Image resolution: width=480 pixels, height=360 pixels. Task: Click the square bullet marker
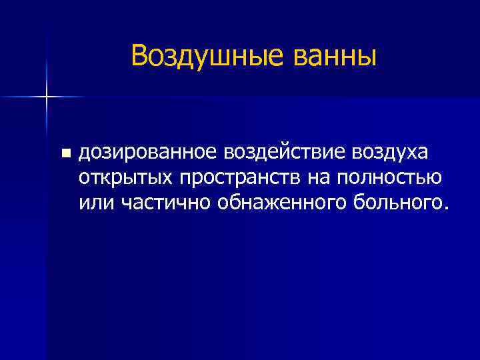coord(65,154)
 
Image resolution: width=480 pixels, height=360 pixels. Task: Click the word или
coord(97,201)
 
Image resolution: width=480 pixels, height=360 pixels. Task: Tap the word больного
coord(389,201)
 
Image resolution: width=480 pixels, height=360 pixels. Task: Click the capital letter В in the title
coord(139,56)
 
